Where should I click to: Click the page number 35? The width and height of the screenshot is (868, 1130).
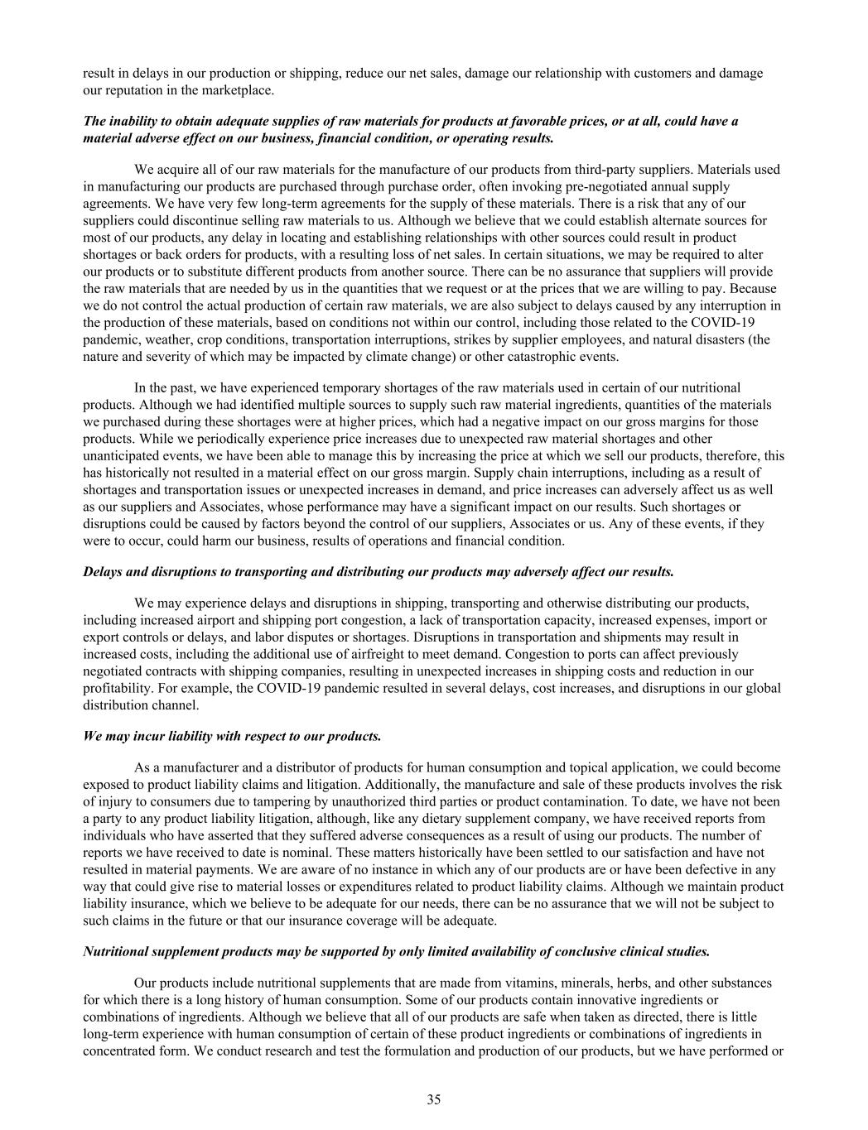click(x=434, y=1099)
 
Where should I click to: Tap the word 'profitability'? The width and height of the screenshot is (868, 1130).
click(x=117, y=688)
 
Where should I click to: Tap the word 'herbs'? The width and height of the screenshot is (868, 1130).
click(x=631, y=983)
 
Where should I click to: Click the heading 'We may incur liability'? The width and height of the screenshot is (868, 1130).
click(x=233, y=735)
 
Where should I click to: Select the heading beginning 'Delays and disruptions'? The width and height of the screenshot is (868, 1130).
click(x=379, y=572)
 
